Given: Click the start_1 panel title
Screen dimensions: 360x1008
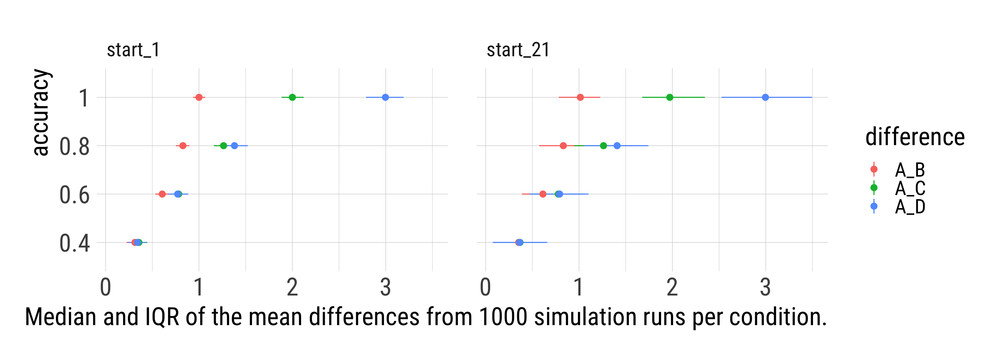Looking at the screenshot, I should click(133, 50).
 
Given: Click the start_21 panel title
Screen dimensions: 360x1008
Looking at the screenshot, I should click(518, 50).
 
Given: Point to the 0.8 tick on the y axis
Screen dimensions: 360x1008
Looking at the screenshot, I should click(74, 147).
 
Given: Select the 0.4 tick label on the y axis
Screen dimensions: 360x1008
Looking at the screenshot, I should click(74, 243).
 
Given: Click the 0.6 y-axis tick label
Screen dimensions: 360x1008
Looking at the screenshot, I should click(74, 195).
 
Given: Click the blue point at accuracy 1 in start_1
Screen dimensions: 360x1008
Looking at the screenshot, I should click(385, 97).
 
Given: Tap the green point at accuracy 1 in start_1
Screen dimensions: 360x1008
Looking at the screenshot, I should click(292, 97).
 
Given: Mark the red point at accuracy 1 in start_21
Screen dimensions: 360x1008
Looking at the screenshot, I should click(580, 97).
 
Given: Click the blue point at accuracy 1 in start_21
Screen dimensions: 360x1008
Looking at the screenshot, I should click(765, 97).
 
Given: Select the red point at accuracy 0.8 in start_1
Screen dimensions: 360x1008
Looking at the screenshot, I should click(183, 146).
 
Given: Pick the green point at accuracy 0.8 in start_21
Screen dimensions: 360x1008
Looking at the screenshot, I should click(603, 146).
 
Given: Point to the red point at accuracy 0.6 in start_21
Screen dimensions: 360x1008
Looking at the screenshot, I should click(543, 194).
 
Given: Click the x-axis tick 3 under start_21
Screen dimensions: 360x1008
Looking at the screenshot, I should click(765, 287).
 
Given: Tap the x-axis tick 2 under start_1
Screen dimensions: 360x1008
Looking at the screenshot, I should click(292, 287).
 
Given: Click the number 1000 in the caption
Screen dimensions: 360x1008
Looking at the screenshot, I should click(503, 316).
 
